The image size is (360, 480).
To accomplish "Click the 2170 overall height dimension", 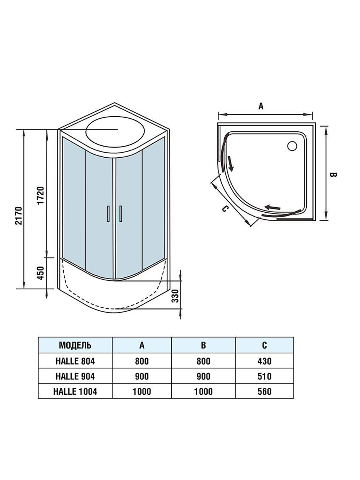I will coord(19,216).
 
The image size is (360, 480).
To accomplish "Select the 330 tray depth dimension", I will coord(175,295).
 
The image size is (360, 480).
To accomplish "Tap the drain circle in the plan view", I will coord(292,146).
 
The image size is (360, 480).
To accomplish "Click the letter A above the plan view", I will coord(261,106).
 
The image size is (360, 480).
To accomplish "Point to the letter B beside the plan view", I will coord(333,175).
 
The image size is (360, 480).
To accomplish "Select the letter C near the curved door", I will coord(224,209).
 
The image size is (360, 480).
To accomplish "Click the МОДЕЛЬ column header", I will coord(75,345).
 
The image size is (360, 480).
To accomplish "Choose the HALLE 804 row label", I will coord(75,361).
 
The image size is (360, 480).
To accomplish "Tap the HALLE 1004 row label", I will coord(75,391).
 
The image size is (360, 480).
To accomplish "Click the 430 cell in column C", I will coord(264,361).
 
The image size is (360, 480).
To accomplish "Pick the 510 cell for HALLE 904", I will coord(264,376).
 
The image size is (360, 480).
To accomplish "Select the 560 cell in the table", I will coord(264,391).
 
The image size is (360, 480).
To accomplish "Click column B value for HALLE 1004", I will coord(203,391).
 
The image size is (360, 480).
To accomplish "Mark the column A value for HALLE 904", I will coord(141,376).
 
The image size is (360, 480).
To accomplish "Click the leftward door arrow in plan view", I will coord(273,207).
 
